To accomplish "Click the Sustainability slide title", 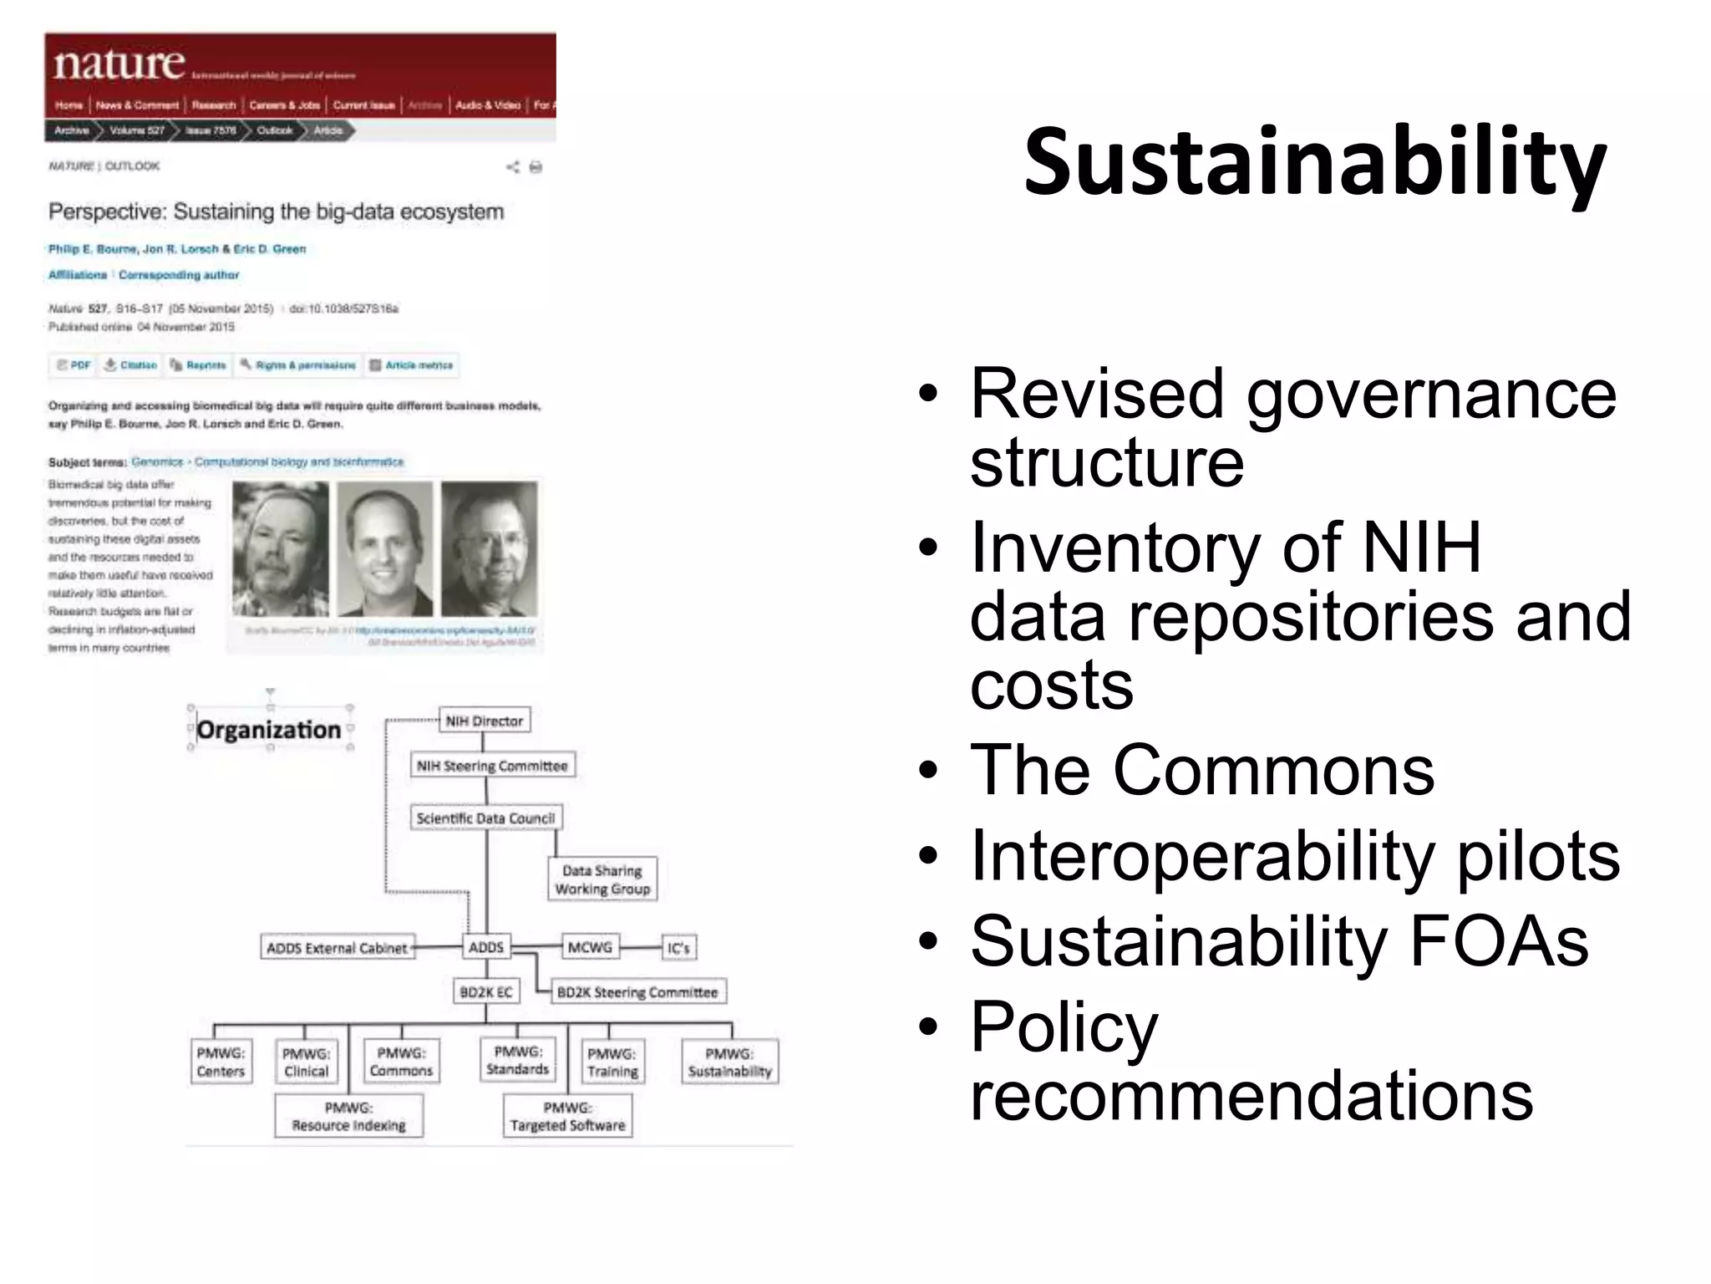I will click(x=1315, y=162).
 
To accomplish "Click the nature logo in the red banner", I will click(x=119, y=64).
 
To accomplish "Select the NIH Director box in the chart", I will click(x=484, y=721).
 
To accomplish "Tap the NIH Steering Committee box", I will click(x=492, y=766).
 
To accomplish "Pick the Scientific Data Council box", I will click(x=485, y=818).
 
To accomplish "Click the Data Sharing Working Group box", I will click(x=602, y=879).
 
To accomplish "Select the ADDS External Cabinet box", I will click(x=337, y=948).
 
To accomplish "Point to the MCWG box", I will click(x=590, y=947).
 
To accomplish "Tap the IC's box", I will click(x=678, y=948).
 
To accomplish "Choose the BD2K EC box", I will click(x=486, y=992).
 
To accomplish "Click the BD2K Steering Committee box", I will click(x=637, y=992).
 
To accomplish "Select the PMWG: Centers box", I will click(x=221, y=1062).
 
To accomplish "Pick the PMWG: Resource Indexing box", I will click(x=348, y=1117).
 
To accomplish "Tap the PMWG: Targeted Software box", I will click(x=567, y=1117).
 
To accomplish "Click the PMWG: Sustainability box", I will click(x=729, y=1062).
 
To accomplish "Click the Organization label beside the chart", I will click(x=269, y=730).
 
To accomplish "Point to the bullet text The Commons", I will click(x=1202, y=770).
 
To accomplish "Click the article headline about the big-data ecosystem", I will click(x=276, y=211).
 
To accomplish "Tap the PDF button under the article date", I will click(x=74, y=365).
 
